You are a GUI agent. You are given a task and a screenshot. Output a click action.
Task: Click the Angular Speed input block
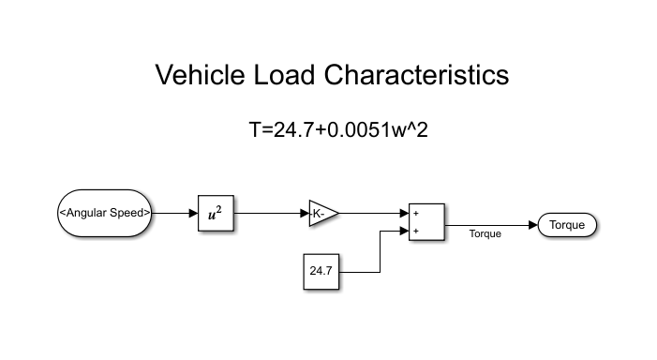click(x=105, y=213)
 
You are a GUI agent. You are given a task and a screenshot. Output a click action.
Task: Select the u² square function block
click(x=215, y=213)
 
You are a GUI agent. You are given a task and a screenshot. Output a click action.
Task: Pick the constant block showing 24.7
click(x=321, y=271)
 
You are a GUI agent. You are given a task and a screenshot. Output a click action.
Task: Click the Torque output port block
click(x=567, y=225)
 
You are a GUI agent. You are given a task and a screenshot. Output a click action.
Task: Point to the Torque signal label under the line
click(x=485, y=234)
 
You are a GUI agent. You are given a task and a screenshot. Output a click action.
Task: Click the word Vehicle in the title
click(x=200, y=75)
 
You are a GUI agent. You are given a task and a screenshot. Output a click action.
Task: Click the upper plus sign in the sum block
click(x=415, y=213)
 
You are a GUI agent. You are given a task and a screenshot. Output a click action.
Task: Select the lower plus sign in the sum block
click(x=415, y=231)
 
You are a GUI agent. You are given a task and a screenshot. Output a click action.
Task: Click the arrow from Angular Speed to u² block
click(x=175, y=213)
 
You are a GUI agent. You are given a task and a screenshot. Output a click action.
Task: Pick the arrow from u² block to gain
click(x=270, y=213)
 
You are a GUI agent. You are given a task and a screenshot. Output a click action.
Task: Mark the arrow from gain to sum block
click(x=373, y=213)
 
